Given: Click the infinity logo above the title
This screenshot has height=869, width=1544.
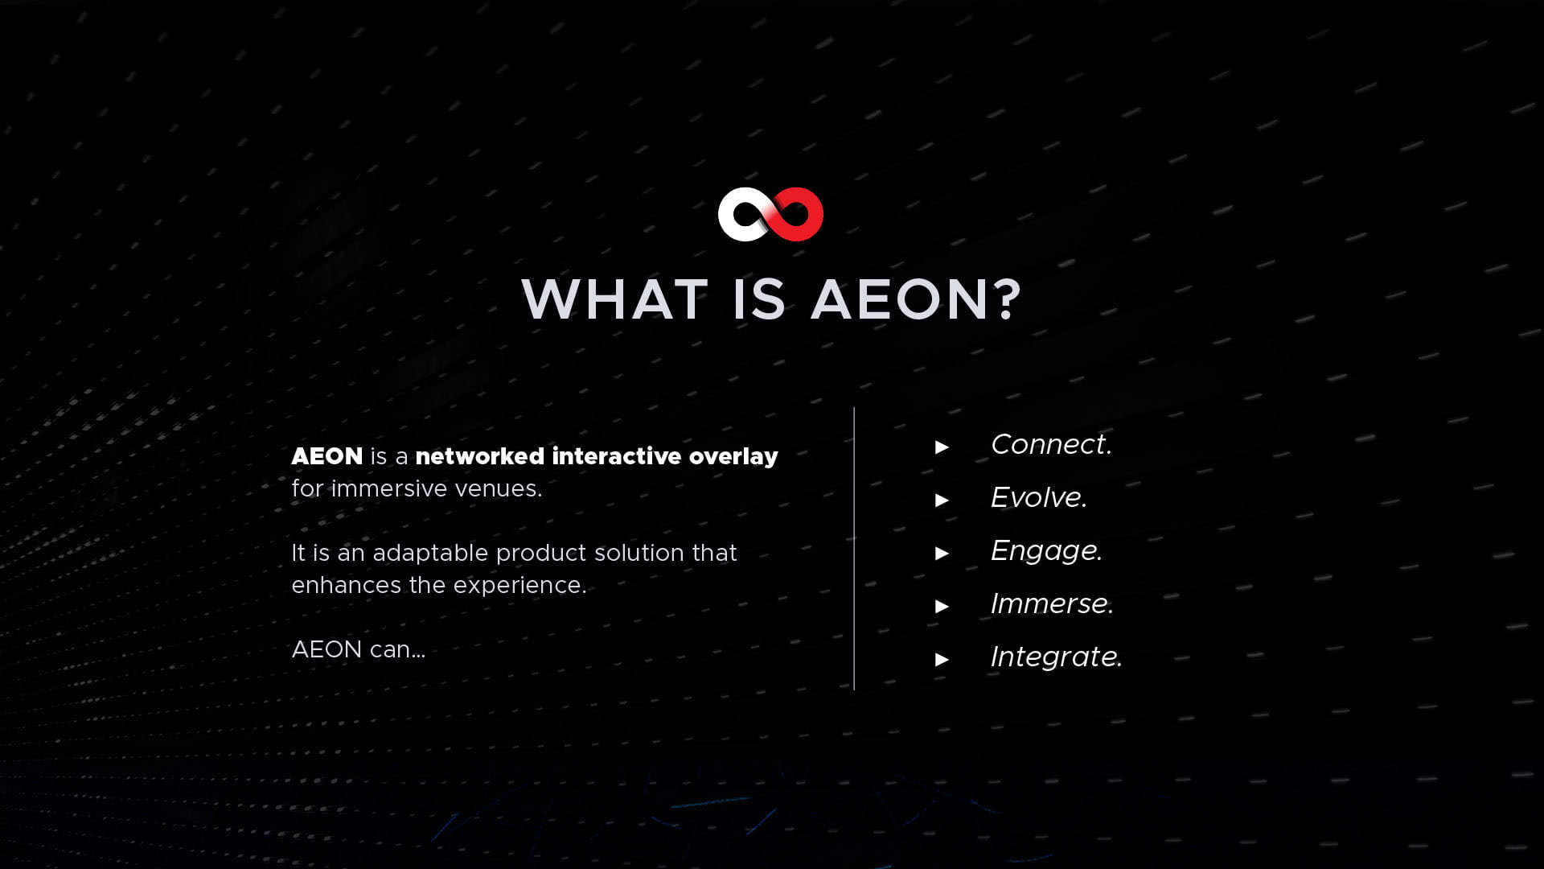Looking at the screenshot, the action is pos(770,215).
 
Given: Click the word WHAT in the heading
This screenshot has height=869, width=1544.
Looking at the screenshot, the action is pos(615,299).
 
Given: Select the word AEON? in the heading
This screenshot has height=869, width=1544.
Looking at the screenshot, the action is pos(916,299).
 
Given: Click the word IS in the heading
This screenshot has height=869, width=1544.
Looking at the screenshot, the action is pos(758,299).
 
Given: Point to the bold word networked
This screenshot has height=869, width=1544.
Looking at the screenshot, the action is pos(480,456).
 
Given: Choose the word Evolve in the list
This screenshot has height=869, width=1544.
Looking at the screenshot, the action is pos(1037,497).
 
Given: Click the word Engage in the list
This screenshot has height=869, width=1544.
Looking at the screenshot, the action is pos(1045,551).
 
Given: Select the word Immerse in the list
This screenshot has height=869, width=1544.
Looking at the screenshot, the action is pos(1050,603).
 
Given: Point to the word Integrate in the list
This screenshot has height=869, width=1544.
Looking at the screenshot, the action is pos(1054,657).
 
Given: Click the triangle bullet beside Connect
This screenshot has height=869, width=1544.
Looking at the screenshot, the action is pos(942,447).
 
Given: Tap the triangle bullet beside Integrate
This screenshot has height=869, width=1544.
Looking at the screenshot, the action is pos(942,660).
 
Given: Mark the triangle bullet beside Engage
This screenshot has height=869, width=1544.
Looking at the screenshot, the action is pos(942,554).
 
